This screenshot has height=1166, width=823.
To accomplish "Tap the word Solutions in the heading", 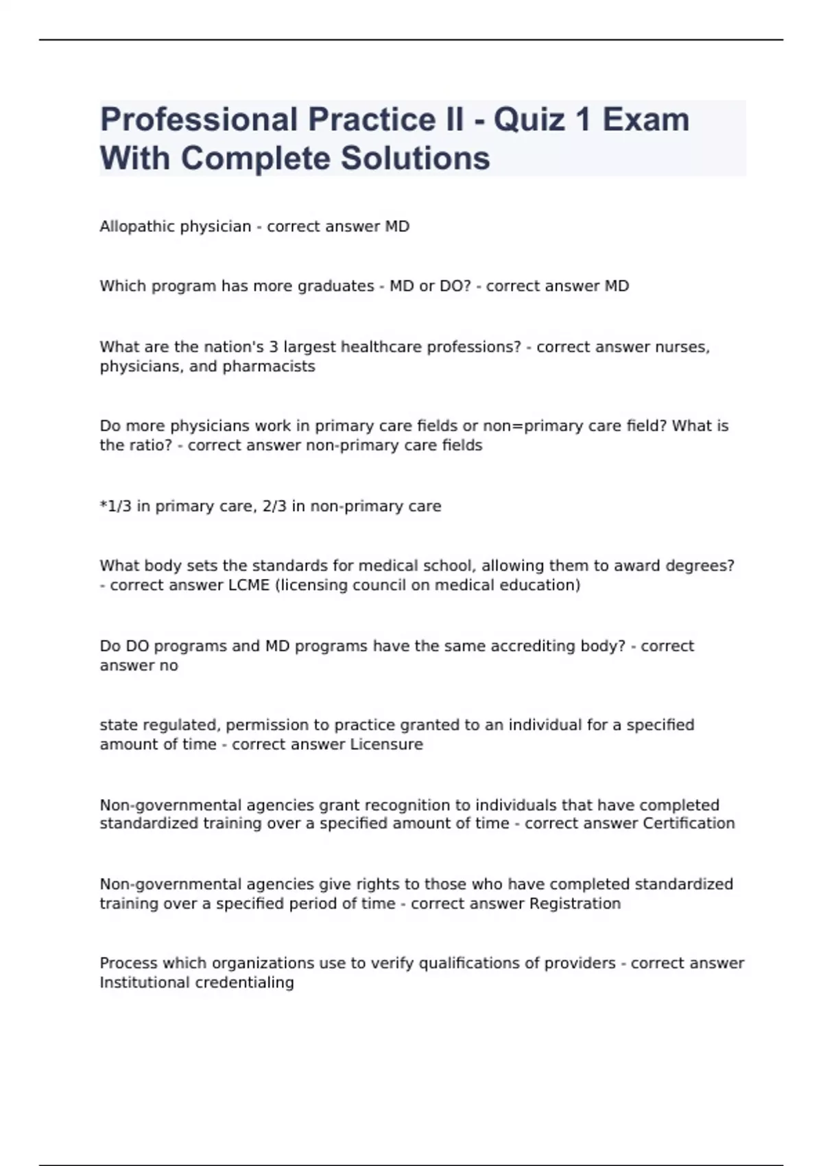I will [415, 158].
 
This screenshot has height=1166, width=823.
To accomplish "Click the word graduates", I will [335, 286].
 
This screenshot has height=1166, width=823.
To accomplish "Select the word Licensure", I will [387, 744].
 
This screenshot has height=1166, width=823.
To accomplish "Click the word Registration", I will [575, 903].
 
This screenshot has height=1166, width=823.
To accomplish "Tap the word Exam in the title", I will [646, 120].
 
